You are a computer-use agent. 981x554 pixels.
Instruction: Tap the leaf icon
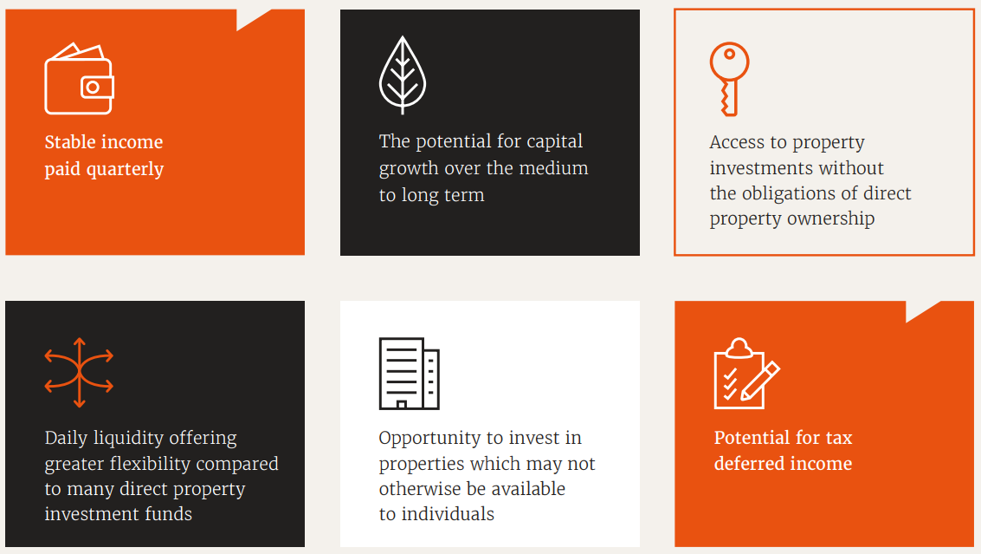pos(403,75)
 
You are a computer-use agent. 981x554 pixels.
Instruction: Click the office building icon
pos(409,373)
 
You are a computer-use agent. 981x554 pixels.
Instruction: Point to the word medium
pos(554,168)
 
